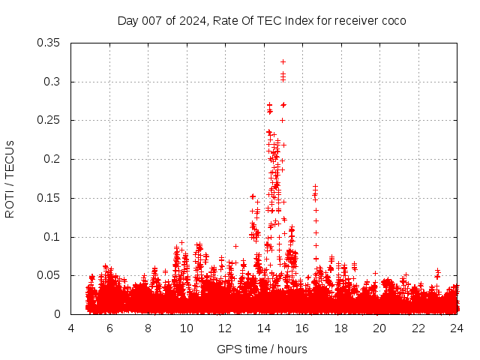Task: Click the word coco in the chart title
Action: pyautogui.click(x=393, y=20)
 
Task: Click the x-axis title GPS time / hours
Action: pyautogui.click(x=262, y=349)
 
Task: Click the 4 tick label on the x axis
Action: pyautogui.click(x=71, y=328)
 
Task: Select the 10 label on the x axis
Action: pyautogui.click(x=187, y=328)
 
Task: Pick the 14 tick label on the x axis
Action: pyautogui.click(x=264, y=328)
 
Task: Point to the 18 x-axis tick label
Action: pyautogui.click(x=340, y=328)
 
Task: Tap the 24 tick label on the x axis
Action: pyautogui.click(x=456, y=328)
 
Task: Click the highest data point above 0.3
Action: pyautogui.click(x=283, y=61)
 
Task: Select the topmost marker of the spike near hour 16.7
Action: pyautogui.click(x=315, y=185)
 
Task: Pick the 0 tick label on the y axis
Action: pyautogui.click(x=58, y=314)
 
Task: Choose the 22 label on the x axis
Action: pyautogui.click(x=418, y=328)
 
